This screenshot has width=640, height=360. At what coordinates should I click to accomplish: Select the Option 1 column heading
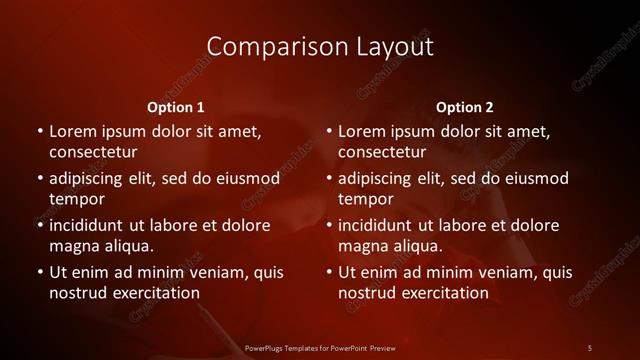click(176, 107)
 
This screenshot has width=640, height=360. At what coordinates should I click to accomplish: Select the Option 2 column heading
click(465, 107)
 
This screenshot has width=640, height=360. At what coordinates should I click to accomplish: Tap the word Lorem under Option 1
click(71, 131)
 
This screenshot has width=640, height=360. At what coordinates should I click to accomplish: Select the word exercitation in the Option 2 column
click(444, 293)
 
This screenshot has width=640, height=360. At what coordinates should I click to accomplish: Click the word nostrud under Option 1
click(76, 293)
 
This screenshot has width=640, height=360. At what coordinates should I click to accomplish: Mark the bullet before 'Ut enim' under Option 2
click(329, 272)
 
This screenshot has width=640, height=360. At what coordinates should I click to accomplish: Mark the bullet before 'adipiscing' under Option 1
click(40, 178)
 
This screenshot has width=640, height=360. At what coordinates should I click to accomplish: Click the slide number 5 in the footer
click(590, 347)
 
